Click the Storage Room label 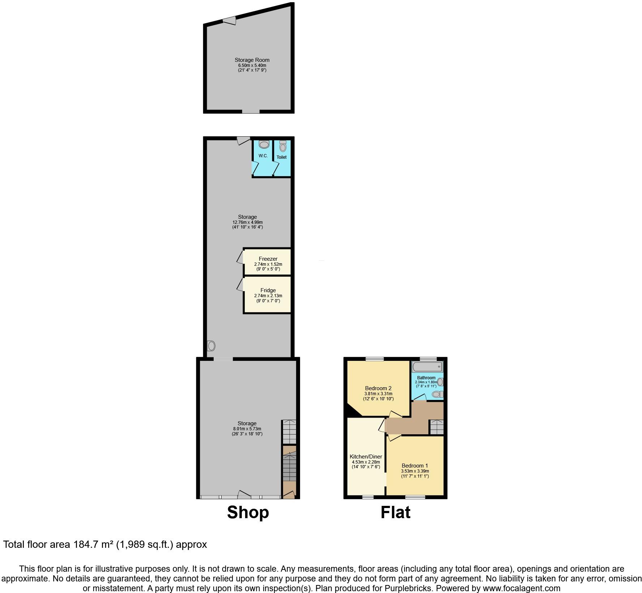(252, 60)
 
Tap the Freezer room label (268, 259)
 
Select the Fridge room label (268, 290)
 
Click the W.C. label (263, 156)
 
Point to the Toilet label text (282, 157)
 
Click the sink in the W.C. (264, 145)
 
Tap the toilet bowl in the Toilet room (283, 147)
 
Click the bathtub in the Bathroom (427, 367)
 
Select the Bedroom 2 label (378, 388)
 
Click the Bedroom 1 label (415, 466)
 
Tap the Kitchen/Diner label (366, 457)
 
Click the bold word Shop (248, 512)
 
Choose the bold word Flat (395, 512)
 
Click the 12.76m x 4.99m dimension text (247, 222)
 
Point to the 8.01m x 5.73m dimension (247, 429)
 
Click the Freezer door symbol (240, 257)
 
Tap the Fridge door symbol (240, 285)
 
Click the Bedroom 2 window (374, 359)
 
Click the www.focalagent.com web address (517, 588)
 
